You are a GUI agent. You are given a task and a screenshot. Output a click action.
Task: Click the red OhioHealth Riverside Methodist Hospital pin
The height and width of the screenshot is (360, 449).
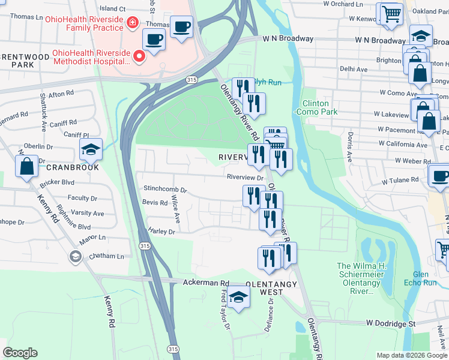[139, 57]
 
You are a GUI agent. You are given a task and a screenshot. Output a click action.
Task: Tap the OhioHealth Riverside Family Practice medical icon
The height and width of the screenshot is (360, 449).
[131, 24]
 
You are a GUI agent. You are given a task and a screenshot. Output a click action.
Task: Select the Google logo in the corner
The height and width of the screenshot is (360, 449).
[20, 353]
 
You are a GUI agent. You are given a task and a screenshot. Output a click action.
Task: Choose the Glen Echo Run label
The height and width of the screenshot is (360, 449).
[429, 278]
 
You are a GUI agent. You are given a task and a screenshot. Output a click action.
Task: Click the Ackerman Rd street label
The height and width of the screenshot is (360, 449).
[206, 282]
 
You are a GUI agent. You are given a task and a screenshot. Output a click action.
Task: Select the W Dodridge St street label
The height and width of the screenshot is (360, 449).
[391, 323]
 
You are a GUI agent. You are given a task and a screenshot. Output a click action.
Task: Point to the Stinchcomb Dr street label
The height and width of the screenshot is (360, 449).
[165, 189]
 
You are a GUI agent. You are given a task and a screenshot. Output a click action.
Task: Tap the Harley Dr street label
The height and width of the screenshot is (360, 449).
[161, 231]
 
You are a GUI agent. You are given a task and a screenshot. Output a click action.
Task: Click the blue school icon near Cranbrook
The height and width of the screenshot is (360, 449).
[91, 150]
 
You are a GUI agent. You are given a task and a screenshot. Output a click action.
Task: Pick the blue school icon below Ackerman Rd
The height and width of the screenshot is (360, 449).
[239, 297]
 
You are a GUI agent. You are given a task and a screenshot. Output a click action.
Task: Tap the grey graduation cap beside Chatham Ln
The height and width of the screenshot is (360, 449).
[75, 257]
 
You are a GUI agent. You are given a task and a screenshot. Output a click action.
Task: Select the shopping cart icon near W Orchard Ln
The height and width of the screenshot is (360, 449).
[391, 13]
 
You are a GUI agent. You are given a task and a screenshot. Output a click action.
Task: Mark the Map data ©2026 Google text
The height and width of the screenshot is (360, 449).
[411, 355]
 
